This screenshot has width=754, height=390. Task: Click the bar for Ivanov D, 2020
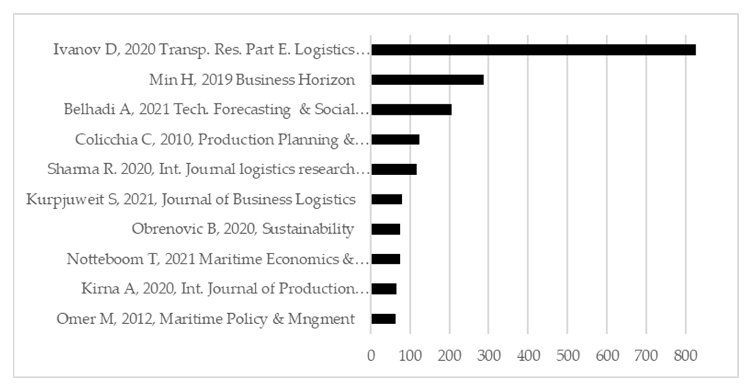click(x=533, y=50)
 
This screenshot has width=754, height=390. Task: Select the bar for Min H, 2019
click(x=427, y=80)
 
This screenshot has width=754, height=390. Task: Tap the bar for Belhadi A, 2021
click(x=411, y=110)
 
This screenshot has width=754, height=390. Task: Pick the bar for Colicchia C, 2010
click(x=395, y=139)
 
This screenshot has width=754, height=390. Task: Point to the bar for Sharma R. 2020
click(x=394, y=169)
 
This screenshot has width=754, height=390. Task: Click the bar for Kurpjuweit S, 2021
click(x=386, y=199)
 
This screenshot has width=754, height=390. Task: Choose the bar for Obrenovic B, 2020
click(x=385, y=229)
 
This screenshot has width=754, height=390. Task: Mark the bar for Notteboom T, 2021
click(x=385, y=259)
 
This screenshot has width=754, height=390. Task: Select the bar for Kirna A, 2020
click(x=384, y=289)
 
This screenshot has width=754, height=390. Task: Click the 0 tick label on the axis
click(x=371, y=356)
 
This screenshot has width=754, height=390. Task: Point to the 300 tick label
click(x=489, y=356)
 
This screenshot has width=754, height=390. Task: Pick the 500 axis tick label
click(x=568, y=356)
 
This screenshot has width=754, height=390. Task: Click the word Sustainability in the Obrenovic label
click(x=308, y=229)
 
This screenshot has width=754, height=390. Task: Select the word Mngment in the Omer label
click(x=321, y=319)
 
